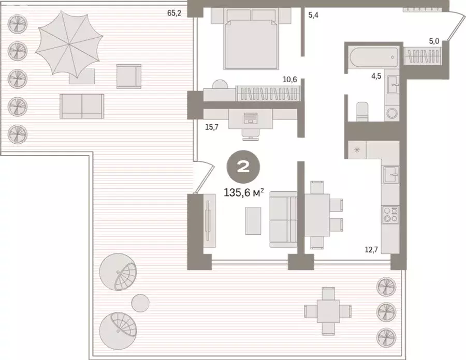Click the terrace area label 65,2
(174, 13)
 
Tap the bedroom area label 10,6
(290, 80)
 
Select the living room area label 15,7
(212, 127)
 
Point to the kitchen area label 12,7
(371, 250)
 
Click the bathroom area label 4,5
(376, 76)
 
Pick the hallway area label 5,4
(313, 15)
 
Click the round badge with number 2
(243, 167)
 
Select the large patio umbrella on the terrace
(69, 43)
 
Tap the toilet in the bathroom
(362, 112)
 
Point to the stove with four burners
(390, 215)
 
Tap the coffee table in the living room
(253, 221)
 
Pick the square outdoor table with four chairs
(328, 311)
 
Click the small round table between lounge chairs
(140, 303)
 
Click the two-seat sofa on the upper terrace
(82, 106)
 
